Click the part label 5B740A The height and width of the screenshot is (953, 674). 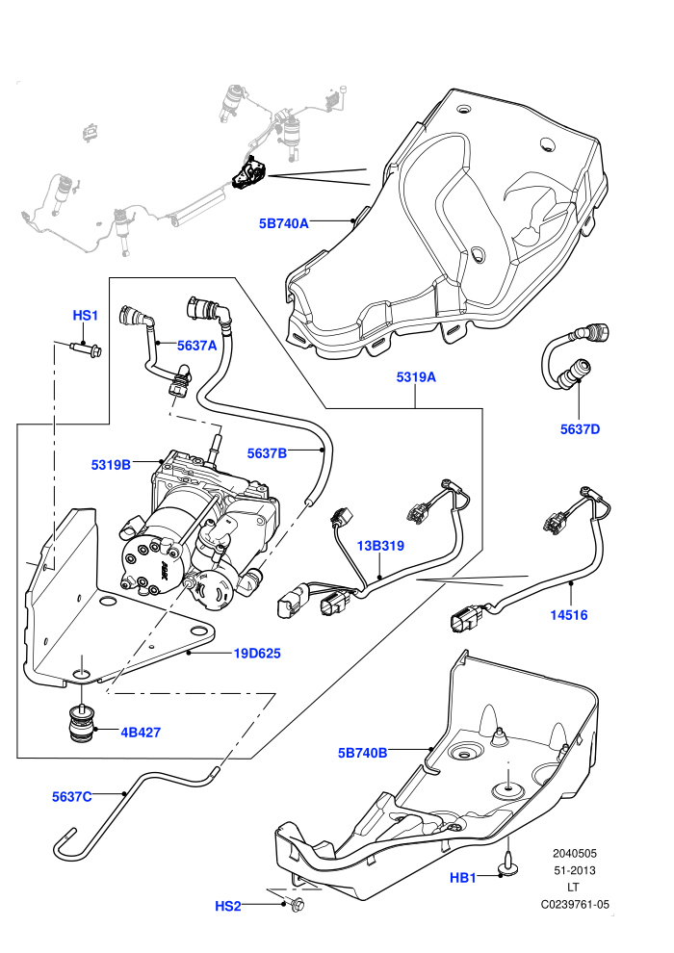pyautogui.click(x=284, y=223)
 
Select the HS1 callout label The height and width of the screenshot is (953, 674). pyautogui.click(x=85, y=316)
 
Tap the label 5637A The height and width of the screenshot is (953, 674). pyautogui.click(x=197, y=346)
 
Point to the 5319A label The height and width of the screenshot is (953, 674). pyautogui.click(x=416, y=377)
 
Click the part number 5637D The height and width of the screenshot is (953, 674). pyautogui.click(x=580, y=429)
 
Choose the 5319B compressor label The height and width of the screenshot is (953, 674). pyautogui.click(x=112, y=465)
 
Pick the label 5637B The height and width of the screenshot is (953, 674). pyautogui.click(x=267, y=453)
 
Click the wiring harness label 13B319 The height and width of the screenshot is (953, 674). pyautogui.click(x=380, y=546)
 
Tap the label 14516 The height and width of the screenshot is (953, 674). pyautogui.click(x=569, y=615)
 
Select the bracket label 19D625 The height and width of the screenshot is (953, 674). pyautogui.click(x=258, y=654)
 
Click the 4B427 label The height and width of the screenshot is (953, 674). pyautogui.click(x=141, y=733)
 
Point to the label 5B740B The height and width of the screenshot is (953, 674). pyautogui.click(x=362, y=753)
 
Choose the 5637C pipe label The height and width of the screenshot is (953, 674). pyautogui.click(x=71, y=797)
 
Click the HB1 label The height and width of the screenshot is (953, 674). pyautogui.click(x=463, y=878)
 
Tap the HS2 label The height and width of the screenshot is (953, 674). pyautogui.click(x=228, y=906)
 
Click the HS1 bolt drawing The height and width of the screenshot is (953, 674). pyautogui.click(x=86, y=348)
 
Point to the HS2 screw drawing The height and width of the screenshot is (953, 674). pyautogui.click(x=298, y=904)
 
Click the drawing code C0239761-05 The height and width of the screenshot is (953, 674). pyautogui.click(x=575, y=904)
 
